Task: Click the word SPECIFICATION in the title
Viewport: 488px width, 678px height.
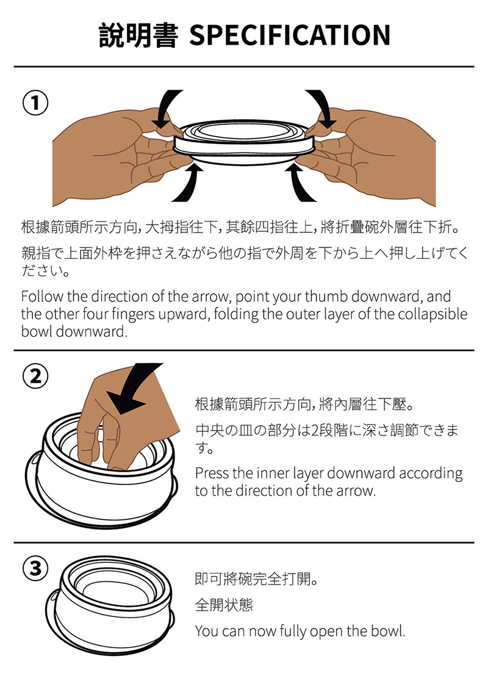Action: pyautogui.click(x=290, y=35)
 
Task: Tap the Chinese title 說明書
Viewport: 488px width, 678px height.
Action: pyautogui.click(x=138, y=35)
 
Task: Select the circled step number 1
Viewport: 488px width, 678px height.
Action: pyautogui.click(x=35, y=103)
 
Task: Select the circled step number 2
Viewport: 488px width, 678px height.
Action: pyautogui.click(x=35, y=376)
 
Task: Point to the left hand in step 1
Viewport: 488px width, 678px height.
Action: pyautogui.click(x=117, y=156)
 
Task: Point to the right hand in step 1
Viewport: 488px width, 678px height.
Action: pyautogui.click(x=371, y=156)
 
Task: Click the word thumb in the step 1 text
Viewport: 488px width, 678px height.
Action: pyautogui.click(x=327, y=297)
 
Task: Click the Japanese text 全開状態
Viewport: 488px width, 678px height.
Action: pyautogui.click(x=224, y=605)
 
